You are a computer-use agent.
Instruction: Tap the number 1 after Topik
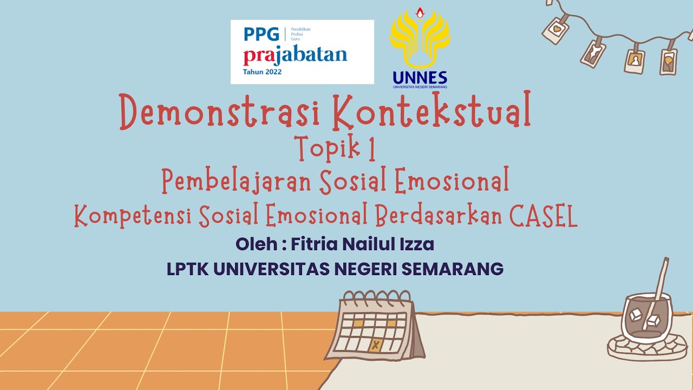point(371,149)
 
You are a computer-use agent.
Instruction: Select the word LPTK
point(187,269)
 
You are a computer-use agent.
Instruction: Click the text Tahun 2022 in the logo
point(263,71)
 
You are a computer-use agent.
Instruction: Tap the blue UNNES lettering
point(420,77)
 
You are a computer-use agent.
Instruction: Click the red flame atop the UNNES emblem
point(420,12)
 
